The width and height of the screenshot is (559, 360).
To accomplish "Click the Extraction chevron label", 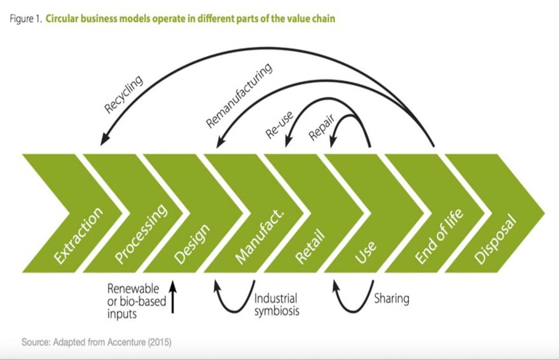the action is coord(78,235).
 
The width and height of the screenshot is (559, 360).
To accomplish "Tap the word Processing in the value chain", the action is coord(141,234).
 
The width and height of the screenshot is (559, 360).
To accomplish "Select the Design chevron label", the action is coord(191,244).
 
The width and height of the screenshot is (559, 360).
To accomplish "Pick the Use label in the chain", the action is coord(365,252).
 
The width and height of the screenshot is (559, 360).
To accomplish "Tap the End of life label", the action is coord(439,236).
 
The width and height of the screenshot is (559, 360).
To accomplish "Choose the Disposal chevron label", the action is coord(495,239).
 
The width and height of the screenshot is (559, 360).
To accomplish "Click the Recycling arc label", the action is coord(123,94).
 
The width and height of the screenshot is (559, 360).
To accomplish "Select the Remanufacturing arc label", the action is coord(239,95).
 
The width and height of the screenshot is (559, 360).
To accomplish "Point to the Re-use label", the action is coord(279,125).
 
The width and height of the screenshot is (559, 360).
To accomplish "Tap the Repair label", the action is coord(321,127).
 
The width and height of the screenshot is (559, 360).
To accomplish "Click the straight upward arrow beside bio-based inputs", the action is coord(172,297).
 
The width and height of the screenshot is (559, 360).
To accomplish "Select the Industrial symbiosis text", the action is coord(277,305).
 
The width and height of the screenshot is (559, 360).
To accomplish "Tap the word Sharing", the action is coord(392,299).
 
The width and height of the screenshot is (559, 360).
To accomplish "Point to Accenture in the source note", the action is coord(126,342).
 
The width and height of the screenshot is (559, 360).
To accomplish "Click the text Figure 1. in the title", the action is coord(26,19).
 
